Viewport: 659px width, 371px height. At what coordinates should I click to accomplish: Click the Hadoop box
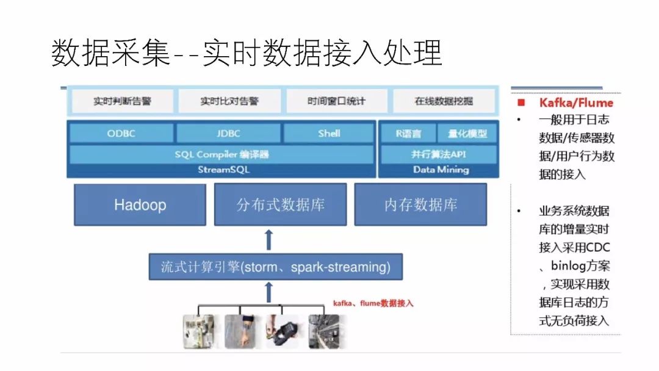(x=140, y=204)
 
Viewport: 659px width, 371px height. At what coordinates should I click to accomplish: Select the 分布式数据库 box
(x=280, y=204)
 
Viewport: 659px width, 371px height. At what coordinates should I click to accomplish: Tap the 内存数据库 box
(x=420, y=204)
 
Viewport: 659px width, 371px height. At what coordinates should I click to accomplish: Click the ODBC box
(x=121, y=133)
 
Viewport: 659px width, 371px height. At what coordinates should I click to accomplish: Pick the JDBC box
(x=228, y=133)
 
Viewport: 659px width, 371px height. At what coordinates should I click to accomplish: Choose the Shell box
(x=329, y=133)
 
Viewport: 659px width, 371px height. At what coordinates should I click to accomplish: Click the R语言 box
(x=408, y=133)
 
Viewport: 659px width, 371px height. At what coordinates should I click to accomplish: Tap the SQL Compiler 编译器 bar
(x=221, y=154)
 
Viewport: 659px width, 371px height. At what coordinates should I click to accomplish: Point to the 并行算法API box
(x=438, y=154)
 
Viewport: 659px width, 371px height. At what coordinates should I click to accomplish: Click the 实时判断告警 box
(x=122, y=101)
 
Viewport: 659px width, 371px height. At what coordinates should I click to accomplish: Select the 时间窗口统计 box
(x=336, y=101)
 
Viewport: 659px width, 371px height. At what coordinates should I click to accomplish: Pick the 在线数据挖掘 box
(x=444, y=101)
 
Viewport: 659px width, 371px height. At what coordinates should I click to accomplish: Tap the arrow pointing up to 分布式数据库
(x=268, y=240)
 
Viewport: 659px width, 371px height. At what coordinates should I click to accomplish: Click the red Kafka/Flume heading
(x=575, y=103)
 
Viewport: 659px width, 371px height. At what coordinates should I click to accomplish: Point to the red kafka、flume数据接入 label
(x=373, y=303)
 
